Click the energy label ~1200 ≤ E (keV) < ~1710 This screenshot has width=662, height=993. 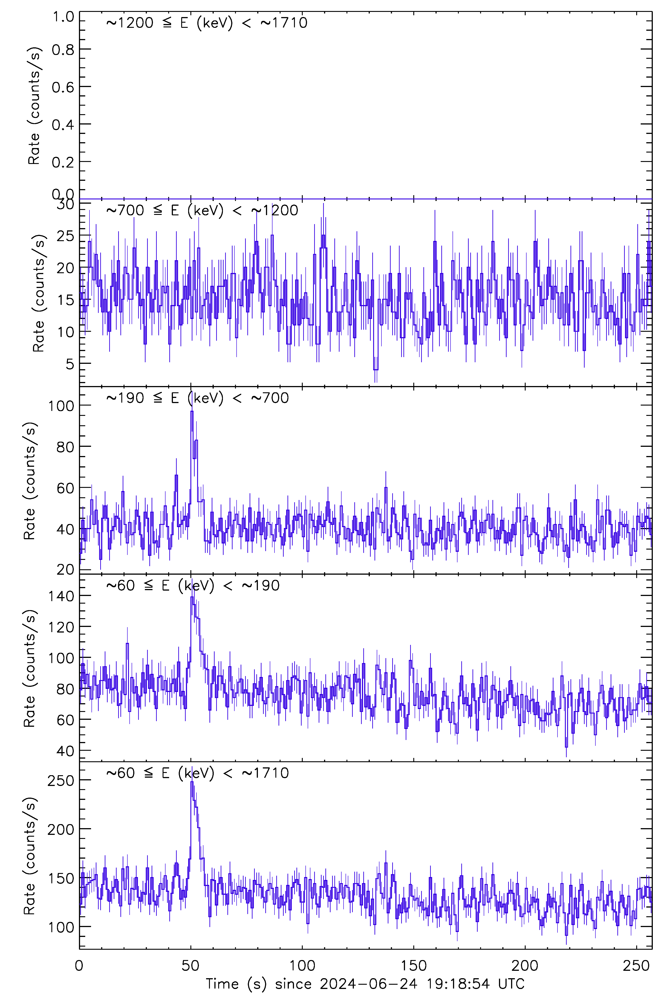pyautogui.click(x=207, y=23)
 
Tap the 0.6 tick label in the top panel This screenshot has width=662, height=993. pyautogui.click(x=63, y=87)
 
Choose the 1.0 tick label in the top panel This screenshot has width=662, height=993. pyautogui.click(x=63, y=17)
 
